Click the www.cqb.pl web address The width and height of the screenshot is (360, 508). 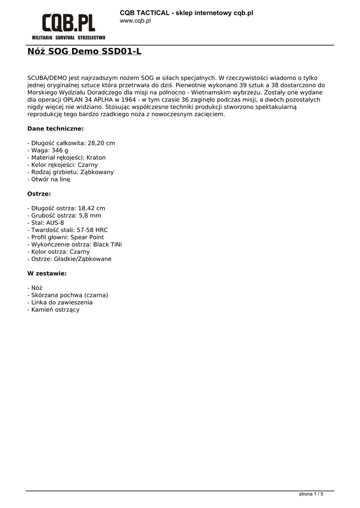135,21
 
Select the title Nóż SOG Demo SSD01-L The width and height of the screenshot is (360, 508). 84,51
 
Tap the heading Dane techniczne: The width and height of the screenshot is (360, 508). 55,128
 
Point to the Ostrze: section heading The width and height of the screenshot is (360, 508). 39,193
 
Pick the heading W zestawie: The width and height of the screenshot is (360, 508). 47,273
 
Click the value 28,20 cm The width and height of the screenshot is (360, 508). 101,143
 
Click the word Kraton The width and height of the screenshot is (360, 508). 96,157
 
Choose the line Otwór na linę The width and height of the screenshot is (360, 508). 49,179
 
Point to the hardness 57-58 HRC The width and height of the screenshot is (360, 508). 91,230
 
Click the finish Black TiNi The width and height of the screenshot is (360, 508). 107,245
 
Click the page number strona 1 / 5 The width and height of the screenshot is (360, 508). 311,494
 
